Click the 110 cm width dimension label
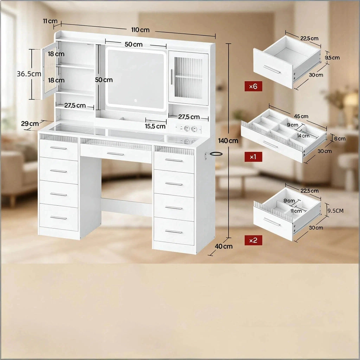click(140, 30)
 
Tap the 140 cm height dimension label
click(228, 141)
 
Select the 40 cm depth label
click(224, 246)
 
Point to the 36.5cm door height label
click(29, 74)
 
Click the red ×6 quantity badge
click(253, 86)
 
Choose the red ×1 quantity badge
click(253, 157)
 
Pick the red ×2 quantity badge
click(253, 240)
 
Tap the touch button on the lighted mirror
click(135, 100)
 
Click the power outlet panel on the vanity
click(189, 129)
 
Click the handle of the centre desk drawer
click(115, 154)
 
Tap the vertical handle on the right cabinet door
click(172, 77)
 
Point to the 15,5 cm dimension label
click(155, 126)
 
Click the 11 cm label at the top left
click(50, 21)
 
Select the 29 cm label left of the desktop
click(30, 123)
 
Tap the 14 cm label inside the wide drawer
click(303, 136)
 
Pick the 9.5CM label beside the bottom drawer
click(335, 211)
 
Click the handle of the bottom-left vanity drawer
click(58, 218)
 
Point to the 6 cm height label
click(340, 139)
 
